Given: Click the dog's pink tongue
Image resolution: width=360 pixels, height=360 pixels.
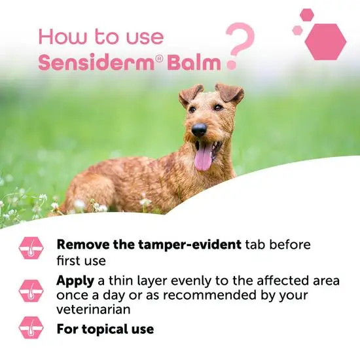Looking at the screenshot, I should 204,156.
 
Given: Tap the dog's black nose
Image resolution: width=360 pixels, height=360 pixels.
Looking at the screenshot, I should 198,130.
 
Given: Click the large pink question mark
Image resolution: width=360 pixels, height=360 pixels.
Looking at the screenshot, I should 240,46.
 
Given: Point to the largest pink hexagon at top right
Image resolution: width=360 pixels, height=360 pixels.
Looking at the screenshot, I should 325,42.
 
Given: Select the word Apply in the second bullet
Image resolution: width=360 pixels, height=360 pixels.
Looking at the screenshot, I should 75,280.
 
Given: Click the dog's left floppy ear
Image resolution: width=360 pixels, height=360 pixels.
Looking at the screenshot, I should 190,94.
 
